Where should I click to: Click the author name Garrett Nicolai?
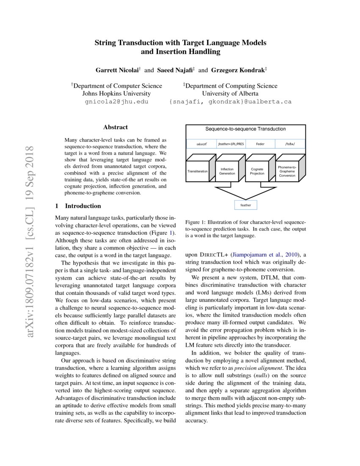(119, 69)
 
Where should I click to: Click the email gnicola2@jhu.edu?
(116, 102)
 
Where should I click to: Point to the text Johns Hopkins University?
(116, 94)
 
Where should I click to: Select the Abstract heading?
(116, 127)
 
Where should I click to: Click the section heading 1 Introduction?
(78, 206)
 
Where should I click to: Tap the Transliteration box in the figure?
(197, 171)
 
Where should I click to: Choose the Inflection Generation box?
(227, 171)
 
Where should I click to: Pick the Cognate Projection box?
(257, 171)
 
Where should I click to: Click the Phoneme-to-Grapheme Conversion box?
(287, 171)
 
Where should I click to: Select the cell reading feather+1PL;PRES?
(231, 144)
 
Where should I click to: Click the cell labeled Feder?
(260, 144)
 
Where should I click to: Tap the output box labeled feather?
(246, 205)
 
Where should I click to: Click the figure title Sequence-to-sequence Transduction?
(246, 129)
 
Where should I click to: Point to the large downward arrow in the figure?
(246, 191)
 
